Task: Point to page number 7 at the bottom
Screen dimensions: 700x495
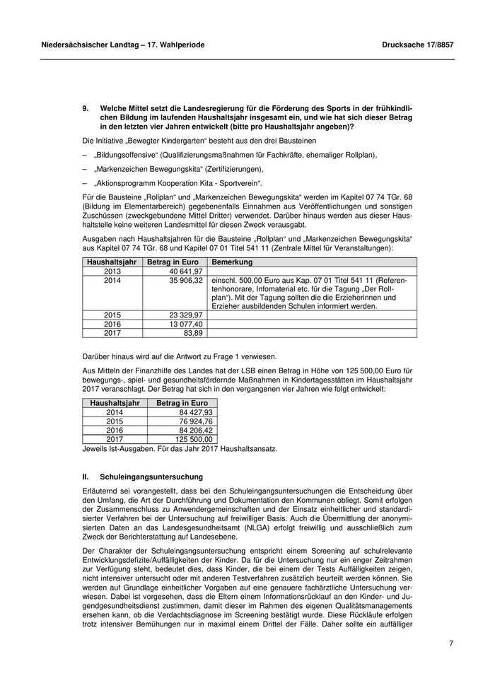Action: [450, 643]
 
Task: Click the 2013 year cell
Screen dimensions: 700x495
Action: [112, 271]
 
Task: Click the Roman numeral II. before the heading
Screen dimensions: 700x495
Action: [86, 477]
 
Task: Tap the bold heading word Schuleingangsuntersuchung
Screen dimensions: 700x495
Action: [151, 477]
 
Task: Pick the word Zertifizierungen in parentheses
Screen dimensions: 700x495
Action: [233, 169]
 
